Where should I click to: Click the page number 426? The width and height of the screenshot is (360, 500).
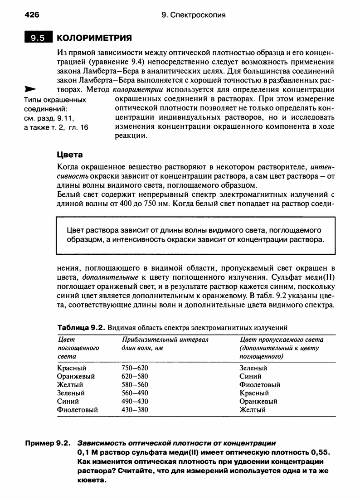[32, 15]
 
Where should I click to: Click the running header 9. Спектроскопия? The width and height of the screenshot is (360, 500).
[194, 15]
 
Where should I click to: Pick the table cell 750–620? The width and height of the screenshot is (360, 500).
[135, 368]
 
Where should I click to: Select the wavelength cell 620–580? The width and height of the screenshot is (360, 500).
[135, 376]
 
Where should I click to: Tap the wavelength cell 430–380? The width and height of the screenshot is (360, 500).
[135, 410]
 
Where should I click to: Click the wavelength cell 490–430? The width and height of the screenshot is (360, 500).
[135, 401]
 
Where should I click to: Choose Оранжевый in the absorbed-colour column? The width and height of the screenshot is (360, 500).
[76, 376]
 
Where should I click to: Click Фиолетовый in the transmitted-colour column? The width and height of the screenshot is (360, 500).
[259, 385]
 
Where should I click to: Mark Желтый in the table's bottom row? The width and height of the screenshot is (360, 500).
[252, 410]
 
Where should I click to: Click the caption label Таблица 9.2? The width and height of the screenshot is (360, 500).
[80, 327]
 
